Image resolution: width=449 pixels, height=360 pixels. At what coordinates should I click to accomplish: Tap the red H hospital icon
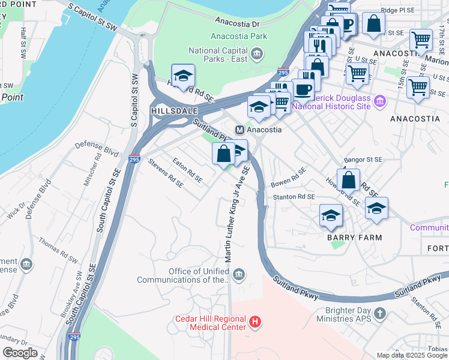pos(256,323)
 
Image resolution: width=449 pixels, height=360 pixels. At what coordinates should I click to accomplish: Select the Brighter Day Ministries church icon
pos(379,313)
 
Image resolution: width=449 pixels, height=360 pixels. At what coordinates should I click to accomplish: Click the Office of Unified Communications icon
pos(239,275)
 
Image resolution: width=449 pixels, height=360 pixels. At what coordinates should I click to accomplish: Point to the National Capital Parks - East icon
pos(256,55)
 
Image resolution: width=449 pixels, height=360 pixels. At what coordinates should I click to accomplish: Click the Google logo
pos(20,353)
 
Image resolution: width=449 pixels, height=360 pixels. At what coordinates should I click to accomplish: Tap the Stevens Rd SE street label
pos(166,173)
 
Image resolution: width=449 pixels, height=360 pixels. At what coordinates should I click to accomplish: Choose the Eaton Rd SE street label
pos(187,170)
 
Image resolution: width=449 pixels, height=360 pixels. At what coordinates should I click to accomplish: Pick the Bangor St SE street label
pos(363,160)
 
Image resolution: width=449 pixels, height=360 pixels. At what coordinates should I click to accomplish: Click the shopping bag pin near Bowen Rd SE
pos(348,179)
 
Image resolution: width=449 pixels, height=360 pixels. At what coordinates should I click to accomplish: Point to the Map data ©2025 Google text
pos(412,355)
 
